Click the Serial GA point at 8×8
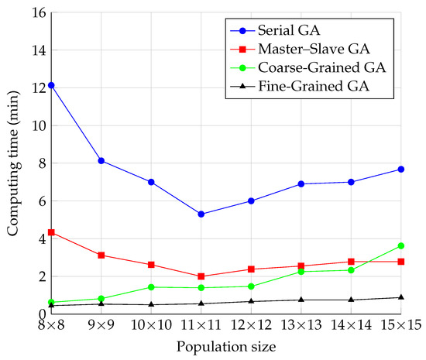click(51, 85)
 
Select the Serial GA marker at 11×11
click(201, 214)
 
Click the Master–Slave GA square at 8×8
click(51, 232)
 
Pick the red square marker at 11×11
click(201, 276)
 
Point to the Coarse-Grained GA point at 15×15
click(400, 245)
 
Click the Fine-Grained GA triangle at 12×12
click(251, 301)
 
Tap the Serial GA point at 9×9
click(101, 160)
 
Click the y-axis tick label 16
click(35, 12)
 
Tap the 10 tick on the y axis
click(35, 125)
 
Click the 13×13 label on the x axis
click(301, 327)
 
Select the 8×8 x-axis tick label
click(51, 327)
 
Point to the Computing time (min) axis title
click(13, 163)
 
